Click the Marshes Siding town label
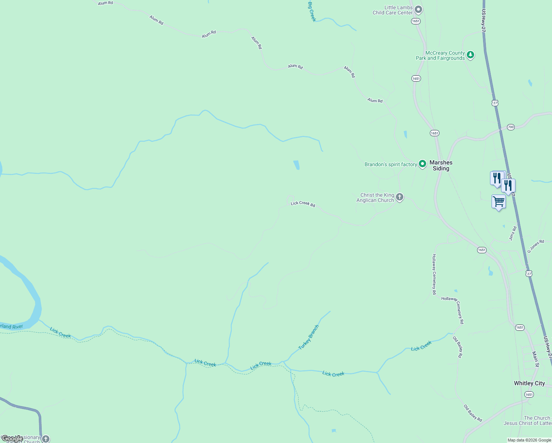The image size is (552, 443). point(441,165)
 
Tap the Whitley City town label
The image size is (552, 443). point(529,383)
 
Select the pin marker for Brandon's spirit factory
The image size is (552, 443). point(422,164)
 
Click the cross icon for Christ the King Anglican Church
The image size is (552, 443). point(399,197)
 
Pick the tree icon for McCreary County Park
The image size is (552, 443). point(470,55)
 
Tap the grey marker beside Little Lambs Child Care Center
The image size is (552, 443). point(418,9)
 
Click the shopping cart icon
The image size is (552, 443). point(498,202)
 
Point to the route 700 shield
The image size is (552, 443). point(510,127)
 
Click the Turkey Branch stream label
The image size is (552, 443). point(308,337)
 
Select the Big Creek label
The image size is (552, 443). point(312,11)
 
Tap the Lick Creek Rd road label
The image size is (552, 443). point(303,204)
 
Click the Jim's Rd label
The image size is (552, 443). point(513,234)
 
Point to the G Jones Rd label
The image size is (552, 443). point(536,246)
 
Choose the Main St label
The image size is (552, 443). point(535,359)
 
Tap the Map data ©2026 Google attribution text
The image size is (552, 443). point(529,440)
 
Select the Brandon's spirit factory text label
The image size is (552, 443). point(391,164)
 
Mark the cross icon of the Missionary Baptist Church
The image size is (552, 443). point(45,439)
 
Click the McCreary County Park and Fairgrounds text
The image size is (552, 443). point(440,55)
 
